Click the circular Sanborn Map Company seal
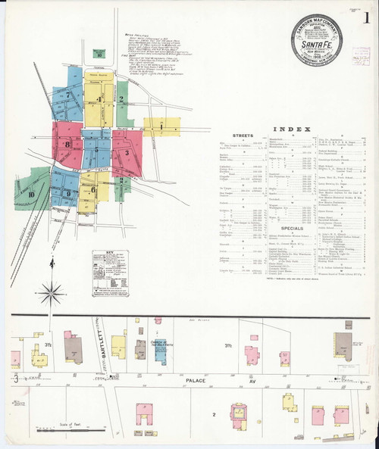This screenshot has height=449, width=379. [315, 39]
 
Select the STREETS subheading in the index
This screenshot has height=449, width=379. [243, 136]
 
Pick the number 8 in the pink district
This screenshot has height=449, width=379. [67, 143]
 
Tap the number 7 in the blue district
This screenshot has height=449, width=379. [68, 95]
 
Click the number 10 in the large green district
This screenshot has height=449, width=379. [31, 195]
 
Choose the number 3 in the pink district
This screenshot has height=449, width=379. [127, 152]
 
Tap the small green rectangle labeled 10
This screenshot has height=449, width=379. [99, 54]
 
